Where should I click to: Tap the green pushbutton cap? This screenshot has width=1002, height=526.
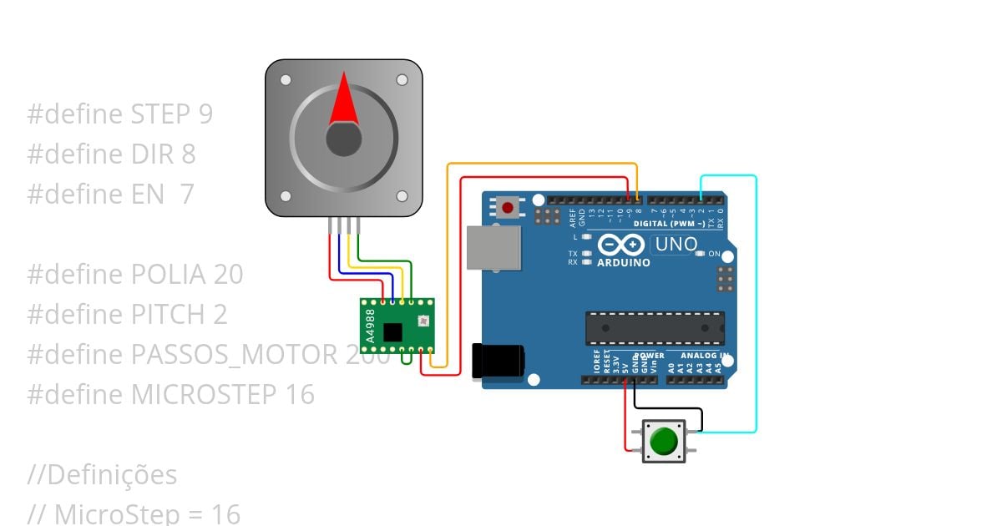pos(664,441)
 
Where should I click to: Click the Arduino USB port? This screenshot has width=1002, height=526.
pos(493,247)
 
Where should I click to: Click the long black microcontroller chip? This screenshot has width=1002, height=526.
pos(655,328)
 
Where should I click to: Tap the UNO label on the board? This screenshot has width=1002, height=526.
pos(676,245)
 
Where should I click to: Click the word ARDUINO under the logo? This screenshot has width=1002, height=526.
pos(623,262)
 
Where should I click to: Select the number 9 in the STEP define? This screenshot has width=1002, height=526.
pos(205,114)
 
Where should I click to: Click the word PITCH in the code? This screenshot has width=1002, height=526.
pos(168,315)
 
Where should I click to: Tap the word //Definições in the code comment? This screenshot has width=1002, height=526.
pos(102,475)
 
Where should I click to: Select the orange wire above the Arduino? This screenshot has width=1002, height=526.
pos(543,164)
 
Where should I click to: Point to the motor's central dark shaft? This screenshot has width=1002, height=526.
pos(343,139)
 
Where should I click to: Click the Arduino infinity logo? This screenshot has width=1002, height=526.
pos(620,245)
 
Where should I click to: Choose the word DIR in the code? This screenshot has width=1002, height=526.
pos(151,154)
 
